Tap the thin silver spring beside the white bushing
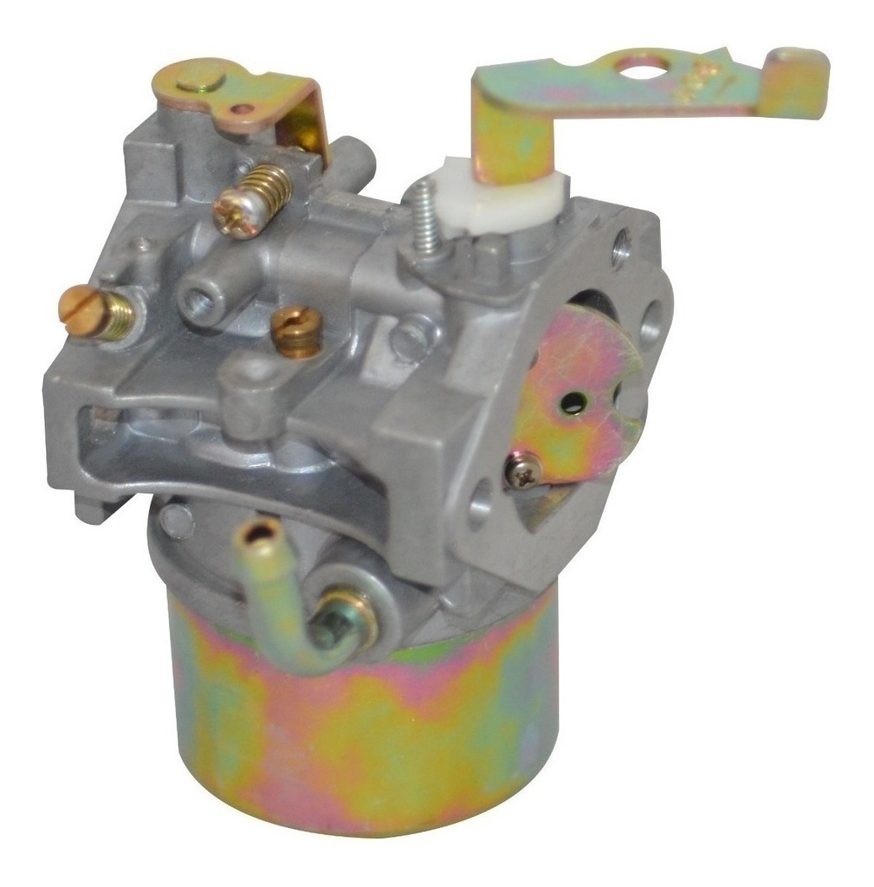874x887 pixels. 424,223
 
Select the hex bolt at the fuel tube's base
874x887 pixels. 333,629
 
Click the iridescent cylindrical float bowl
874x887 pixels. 364,728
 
